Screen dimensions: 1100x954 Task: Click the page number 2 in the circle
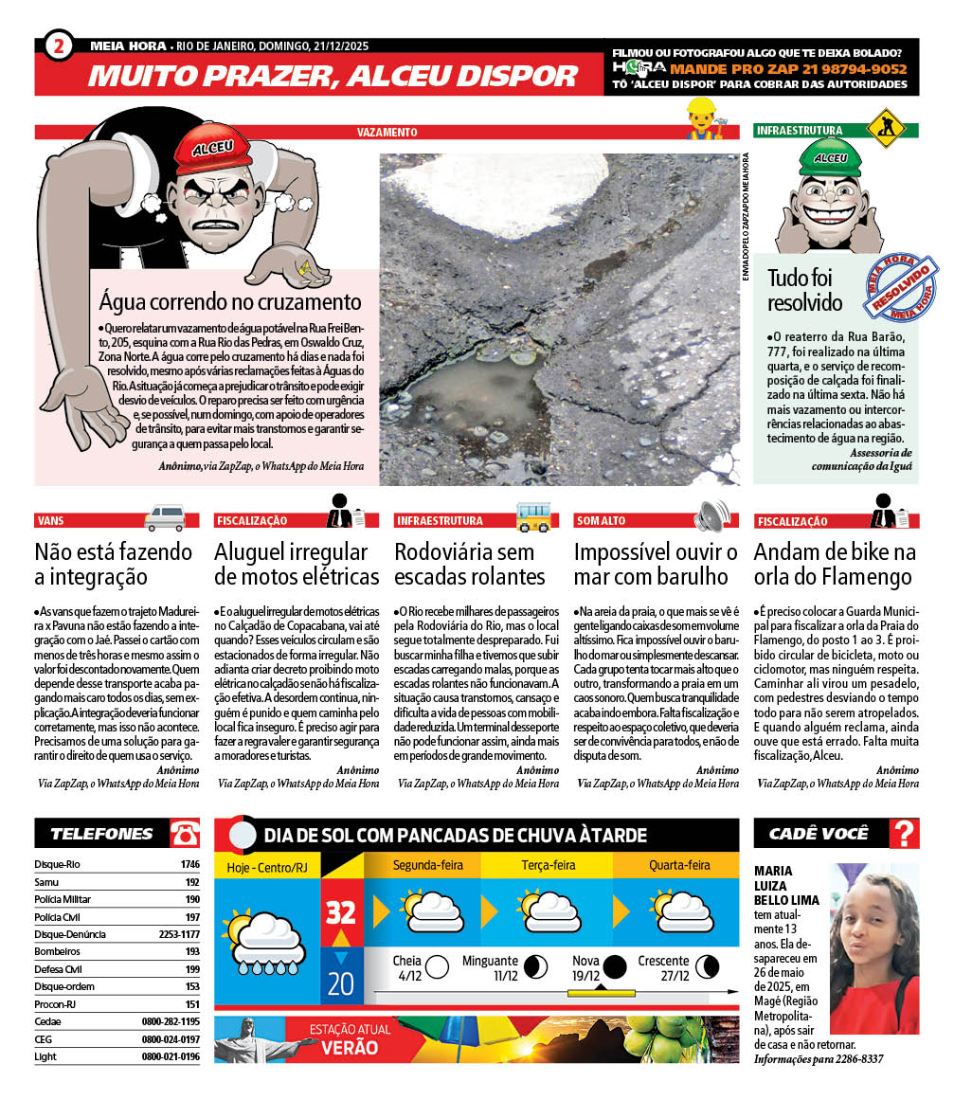pyautogui.click(x=59, y=45)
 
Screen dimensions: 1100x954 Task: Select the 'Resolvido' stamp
pyautogui.click(x=902, y=288)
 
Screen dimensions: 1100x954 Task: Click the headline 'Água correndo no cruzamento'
pyautogui.click(x=230, y=302)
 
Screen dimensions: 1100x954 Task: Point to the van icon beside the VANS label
pyautogui.click(x=165, y=517)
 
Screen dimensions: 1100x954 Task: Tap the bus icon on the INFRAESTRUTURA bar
pyautogui.click(x=533, y=516)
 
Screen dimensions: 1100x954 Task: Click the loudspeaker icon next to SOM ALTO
pyautogui.click(x=712, y=516)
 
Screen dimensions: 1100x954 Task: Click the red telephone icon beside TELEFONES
pyautogui.click(x=185, y=834)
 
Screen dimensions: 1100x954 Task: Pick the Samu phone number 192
pyautogui.click(x=192, y=881)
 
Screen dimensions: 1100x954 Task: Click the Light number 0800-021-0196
pyautogui.click(x=171, y=1056)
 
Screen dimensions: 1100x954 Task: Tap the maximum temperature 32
pyautogui.click(x=340, y=911)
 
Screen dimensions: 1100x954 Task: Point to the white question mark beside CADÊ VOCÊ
pyautogui.click(x=905, y=834)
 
